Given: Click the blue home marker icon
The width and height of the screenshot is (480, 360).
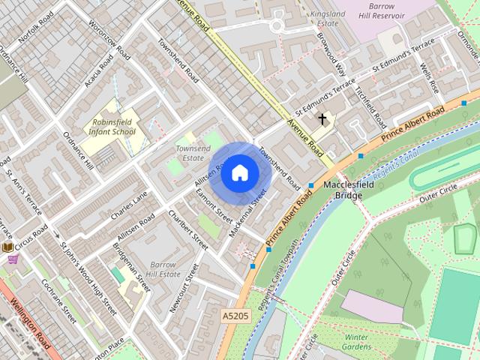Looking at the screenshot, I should tap(239, 172).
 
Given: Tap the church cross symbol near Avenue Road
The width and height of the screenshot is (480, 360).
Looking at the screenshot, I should tap(322, 119).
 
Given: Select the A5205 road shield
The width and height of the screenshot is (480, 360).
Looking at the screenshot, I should tap(235, 318).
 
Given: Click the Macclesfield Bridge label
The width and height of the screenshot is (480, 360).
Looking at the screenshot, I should tap(343, 190).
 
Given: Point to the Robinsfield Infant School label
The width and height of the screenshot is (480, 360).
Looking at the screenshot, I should tap(113, 126).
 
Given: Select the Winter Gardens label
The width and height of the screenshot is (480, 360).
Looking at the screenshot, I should tap(357, 342).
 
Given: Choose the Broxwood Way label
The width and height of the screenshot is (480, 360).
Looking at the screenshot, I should tap(331, 54).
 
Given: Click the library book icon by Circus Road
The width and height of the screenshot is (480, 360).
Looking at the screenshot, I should tap(7, 246).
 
